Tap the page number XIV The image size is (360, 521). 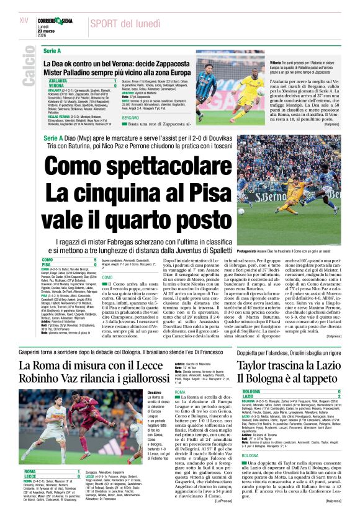click(24, 20)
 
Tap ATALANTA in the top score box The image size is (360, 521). click(59, 81)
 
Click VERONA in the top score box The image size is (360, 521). click(57, 86)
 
